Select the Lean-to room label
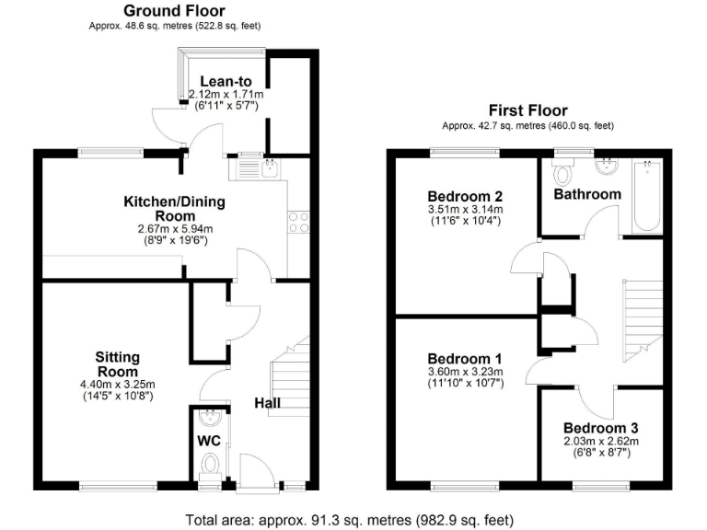(226, 81)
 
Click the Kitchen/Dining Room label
(175, 208)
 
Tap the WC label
(210, 441)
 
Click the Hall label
(268, 403)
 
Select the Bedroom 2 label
(465, 196)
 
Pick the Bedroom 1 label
(465, 359)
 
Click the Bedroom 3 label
(600, 429)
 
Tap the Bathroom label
(586, 194)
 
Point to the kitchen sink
(260, 167)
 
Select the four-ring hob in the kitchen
(298, 221)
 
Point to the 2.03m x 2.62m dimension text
(600, 442)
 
